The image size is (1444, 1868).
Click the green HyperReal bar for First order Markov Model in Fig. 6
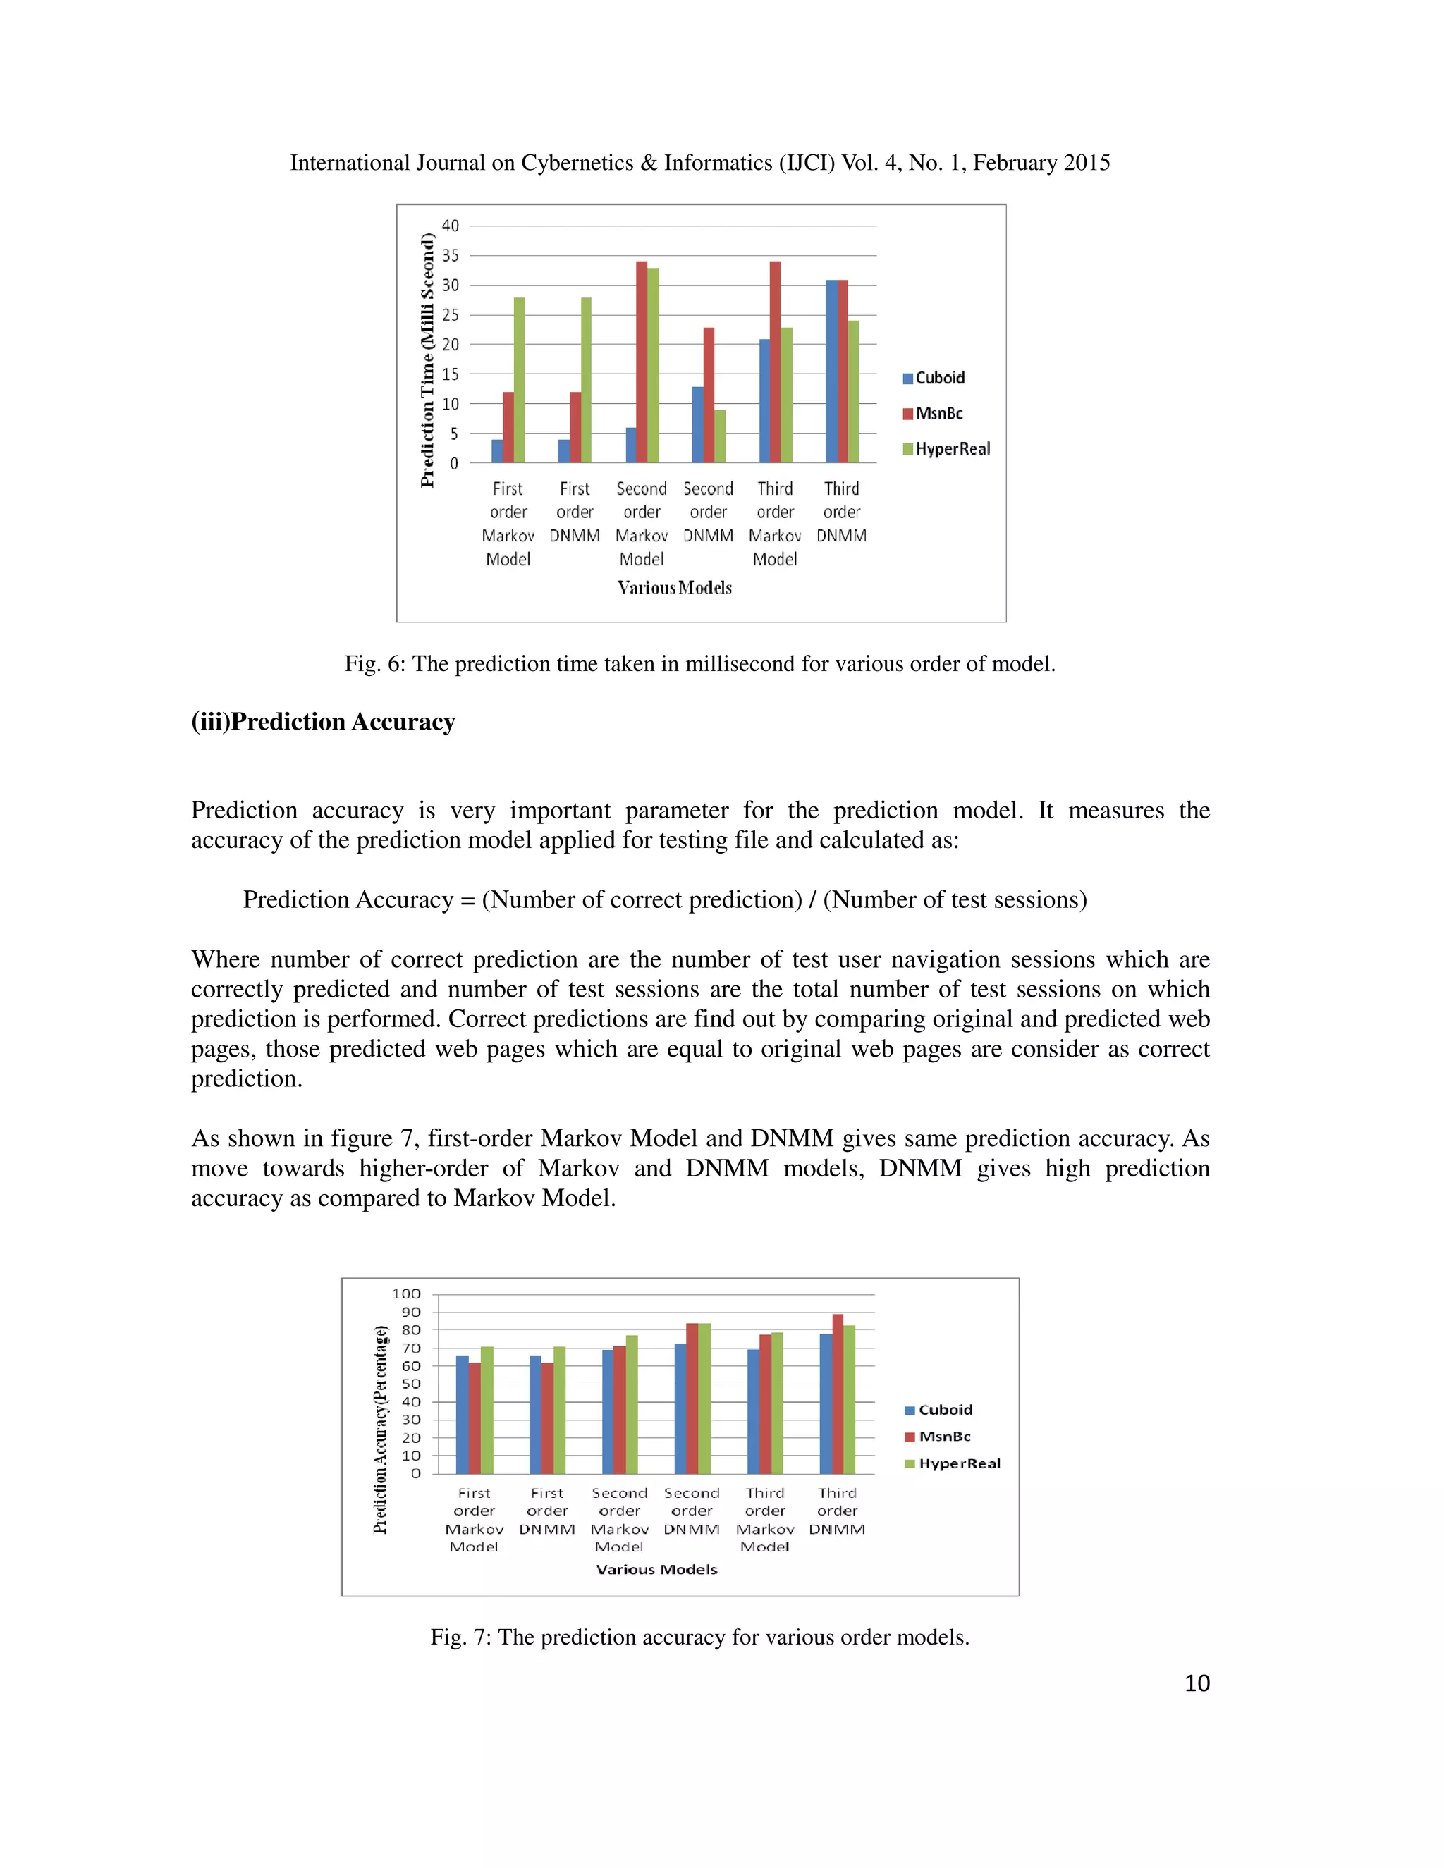(x=519, y=381)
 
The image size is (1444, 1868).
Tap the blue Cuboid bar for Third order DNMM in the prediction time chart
(x=831, y=371)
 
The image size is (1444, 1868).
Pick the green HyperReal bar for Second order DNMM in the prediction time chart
(x=721, y=436)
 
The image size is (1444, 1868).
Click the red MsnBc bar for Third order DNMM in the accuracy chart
(x=838, y=1394)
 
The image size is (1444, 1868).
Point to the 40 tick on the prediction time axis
(x=450, y=226)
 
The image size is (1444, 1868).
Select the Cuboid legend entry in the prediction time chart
(x=934, y=378)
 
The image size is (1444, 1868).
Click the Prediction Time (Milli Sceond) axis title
(x=428, y=360)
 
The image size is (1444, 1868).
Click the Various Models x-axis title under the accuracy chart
(x=657, y=1570)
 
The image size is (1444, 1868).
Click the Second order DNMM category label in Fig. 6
(x=709, y=512)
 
